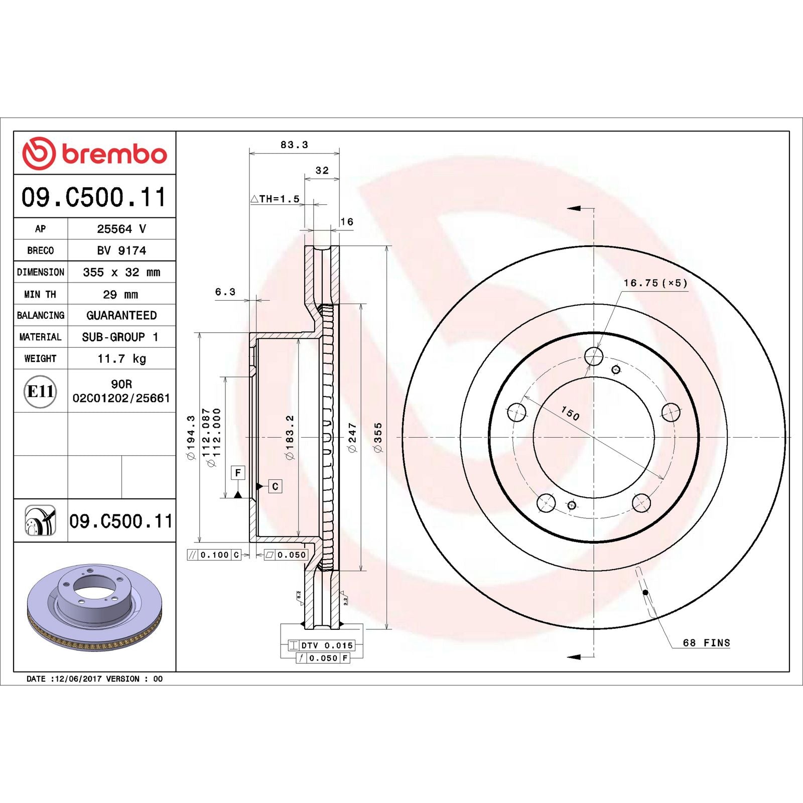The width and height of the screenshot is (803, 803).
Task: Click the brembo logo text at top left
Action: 114,154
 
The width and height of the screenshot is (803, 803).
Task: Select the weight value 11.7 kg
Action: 121,358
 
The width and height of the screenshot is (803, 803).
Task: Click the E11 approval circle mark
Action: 40,391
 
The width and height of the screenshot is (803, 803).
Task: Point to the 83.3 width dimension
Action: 294,145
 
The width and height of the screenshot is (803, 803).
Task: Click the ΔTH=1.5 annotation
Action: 276,199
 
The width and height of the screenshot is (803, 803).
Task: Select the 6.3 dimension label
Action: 225,292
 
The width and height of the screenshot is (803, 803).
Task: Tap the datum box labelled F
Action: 238,473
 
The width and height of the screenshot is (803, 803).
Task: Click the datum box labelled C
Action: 275,486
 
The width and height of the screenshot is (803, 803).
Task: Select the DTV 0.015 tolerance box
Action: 322,645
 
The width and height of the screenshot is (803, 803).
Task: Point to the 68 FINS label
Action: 706,643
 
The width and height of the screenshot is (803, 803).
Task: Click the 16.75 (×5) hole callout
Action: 655,283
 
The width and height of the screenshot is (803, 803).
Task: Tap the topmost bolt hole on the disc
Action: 594,357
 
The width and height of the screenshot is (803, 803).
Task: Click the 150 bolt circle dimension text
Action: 570,414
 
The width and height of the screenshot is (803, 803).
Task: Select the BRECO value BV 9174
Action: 121,250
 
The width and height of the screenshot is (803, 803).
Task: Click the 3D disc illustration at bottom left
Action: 94,607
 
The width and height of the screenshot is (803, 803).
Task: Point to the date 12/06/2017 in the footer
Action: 78,679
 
